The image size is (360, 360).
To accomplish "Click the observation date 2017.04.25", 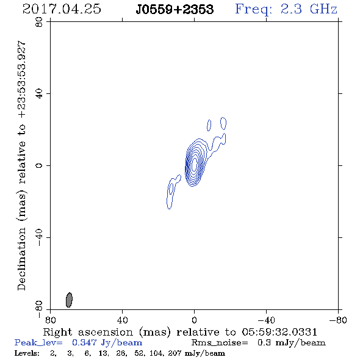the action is tap(62, 9).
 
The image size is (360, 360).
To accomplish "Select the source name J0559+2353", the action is tap(175, 10).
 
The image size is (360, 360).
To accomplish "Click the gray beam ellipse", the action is tap(69, 300).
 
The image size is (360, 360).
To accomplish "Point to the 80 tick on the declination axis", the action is tap(39, 22).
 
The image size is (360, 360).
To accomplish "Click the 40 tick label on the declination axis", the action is tap(39, 94).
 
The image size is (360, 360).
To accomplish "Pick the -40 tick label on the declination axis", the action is tap(39, 237).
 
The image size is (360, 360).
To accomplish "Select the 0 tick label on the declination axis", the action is tap(39, 165).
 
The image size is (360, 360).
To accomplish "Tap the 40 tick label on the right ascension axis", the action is tap(122, 320).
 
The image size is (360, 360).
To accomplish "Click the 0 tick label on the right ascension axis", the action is tap(194, 320).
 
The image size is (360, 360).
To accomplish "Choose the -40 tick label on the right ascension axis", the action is tap(266, 320).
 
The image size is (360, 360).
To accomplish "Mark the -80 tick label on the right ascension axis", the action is tap(338, 320).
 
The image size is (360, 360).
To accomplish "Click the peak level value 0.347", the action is tap(84, 342).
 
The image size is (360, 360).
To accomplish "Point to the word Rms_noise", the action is tap(220, 343).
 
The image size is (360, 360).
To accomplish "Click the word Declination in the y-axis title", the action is tap(21, 259).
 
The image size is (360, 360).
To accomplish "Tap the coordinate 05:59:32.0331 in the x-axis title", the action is tap(279, 332).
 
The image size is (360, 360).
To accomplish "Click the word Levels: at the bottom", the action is tap(27, 353).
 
